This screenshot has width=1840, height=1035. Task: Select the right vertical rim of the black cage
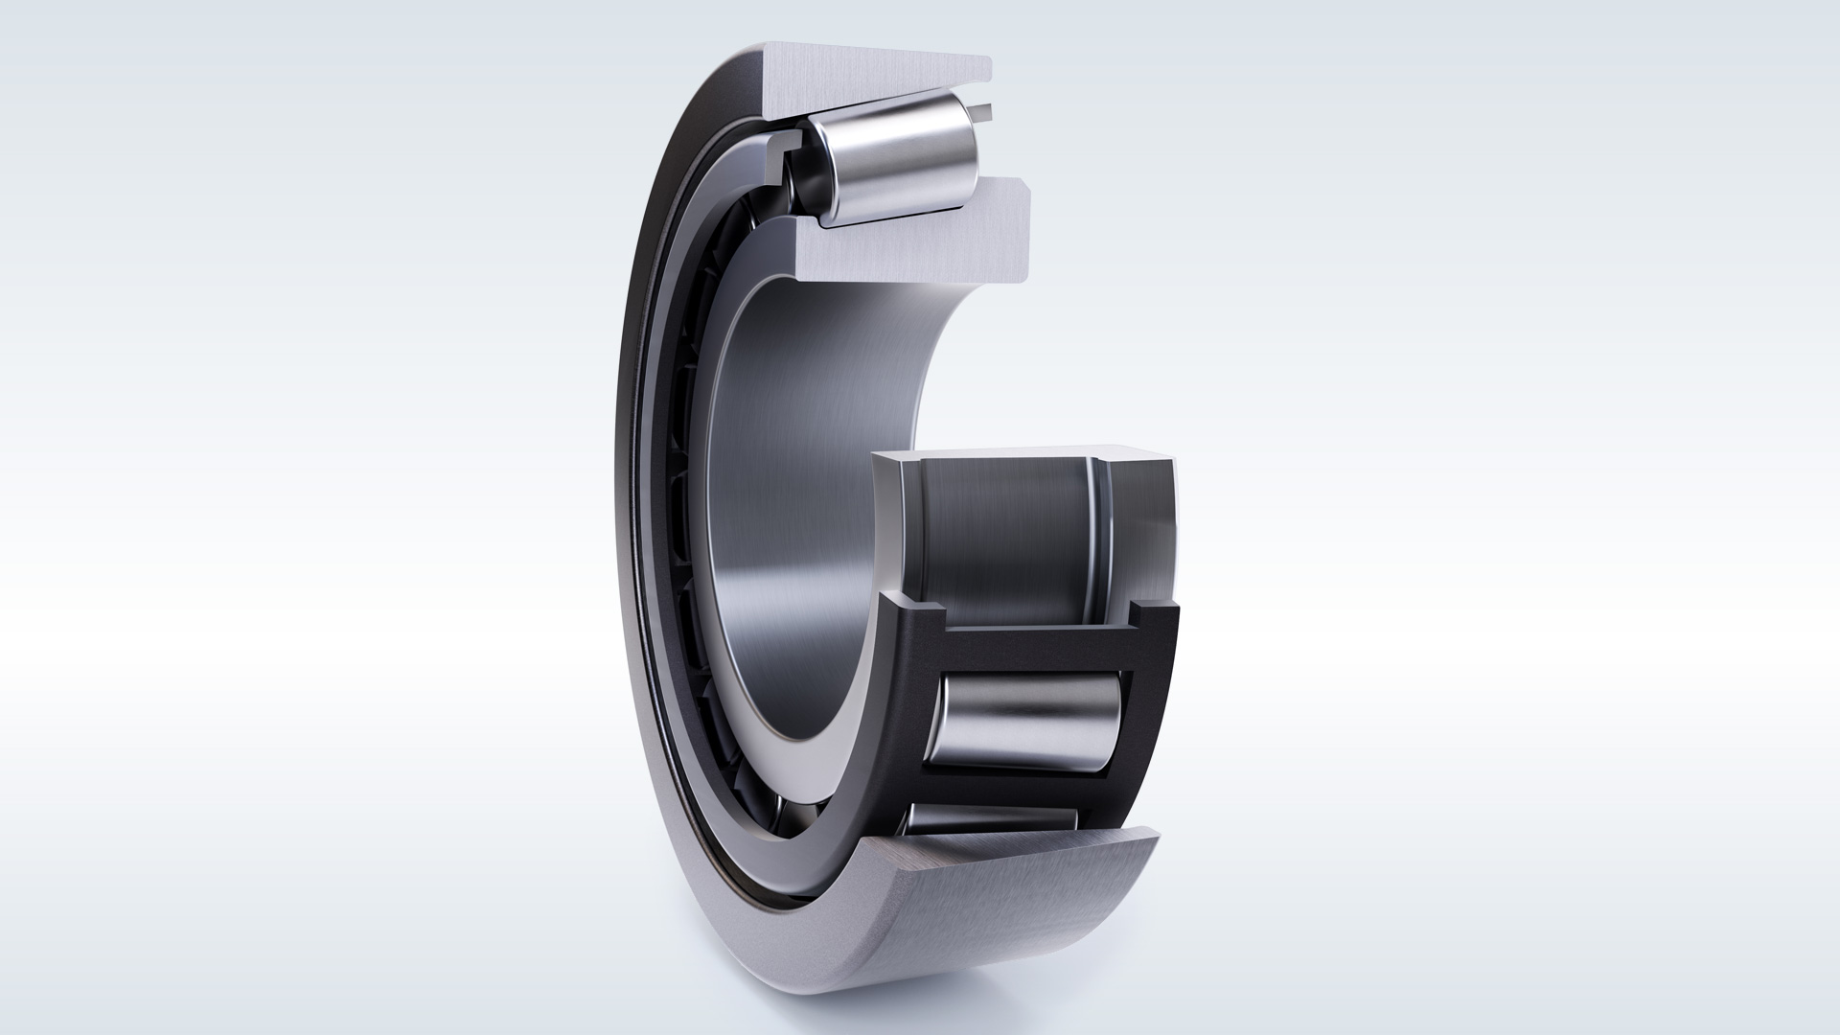(x=1155, y=719)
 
